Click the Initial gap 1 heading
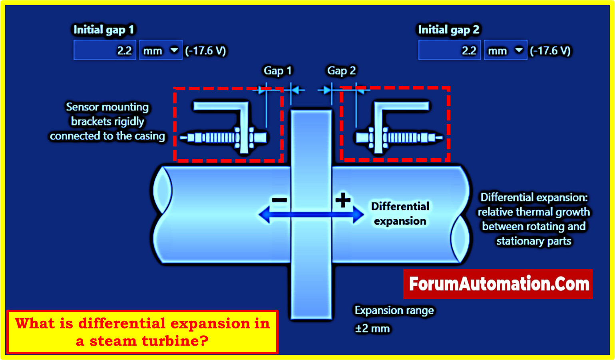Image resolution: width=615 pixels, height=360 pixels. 103,30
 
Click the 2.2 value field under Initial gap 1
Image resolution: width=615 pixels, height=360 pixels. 105,50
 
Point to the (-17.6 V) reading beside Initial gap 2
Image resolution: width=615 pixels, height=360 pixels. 550,51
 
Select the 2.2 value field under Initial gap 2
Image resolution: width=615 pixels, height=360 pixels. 450,50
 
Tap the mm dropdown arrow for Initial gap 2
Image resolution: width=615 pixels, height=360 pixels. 519,50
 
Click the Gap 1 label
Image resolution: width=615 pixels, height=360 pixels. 278,71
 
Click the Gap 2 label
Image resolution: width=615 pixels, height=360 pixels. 341,71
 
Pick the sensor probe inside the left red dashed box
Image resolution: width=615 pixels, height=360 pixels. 224,138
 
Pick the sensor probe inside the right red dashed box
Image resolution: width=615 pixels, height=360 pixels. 400,138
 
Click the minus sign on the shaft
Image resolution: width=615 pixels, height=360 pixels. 279,200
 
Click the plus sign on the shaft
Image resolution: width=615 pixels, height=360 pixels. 343,200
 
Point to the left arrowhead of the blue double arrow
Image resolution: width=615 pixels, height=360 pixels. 264,215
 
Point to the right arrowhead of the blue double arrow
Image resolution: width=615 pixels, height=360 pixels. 358,215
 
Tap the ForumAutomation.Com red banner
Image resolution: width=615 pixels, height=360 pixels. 498,284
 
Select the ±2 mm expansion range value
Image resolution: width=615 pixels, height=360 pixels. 372,328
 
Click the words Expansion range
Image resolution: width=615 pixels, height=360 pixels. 394,310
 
